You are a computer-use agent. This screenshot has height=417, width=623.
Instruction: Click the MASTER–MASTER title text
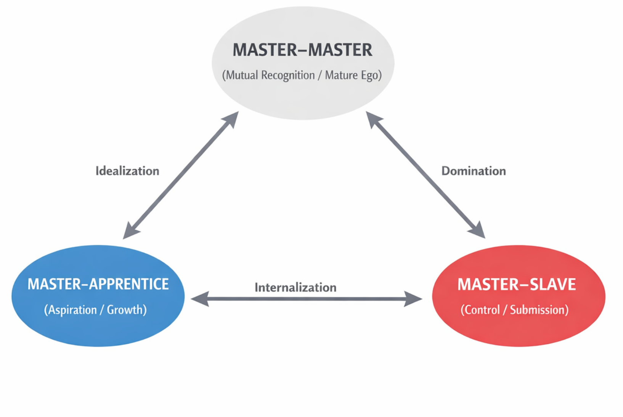(x=302, y=50)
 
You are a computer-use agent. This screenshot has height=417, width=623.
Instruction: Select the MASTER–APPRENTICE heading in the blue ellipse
(x=98, y=284)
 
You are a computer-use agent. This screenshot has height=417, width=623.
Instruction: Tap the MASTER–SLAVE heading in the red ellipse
(x=517, y=284)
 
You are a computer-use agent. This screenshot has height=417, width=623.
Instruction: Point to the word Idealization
(x=127, y=171)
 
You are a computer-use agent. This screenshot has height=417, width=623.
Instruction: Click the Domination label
(x=474, y=171)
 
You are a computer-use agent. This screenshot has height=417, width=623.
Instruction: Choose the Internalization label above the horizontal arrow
(x=295, y=287)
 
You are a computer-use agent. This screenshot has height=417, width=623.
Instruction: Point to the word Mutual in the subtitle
(x=242, y=75)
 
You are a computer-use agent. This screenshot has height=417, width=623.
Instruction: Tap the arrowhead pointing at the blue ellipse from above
(x=130, y=231)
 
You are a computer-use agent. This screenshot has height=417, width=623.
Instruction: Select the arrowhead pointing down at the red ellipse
(x=478, y=230)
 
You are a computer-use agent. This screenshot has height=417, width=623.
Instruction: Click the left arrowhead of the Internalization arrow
(x=199, y=299)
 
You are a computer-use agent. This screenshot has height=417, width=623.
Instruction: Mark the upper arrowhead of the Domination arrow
(x=373, y=119)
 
